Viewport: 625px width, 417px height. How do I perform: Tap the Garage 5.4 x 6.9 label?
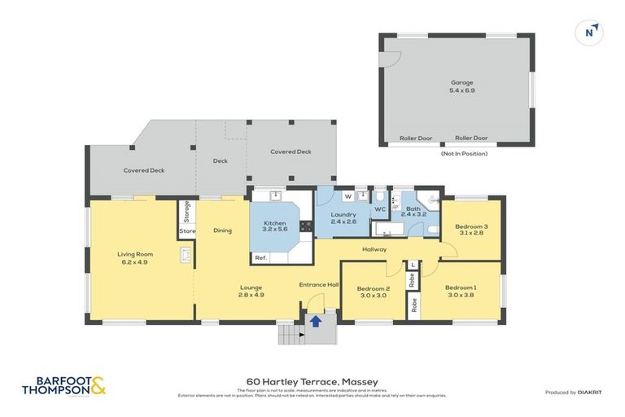point(462,86)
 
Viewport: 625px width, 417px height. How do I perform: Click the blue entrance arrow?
point(316,321)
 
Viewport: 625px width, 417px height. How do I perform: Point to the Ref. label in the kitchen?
point(260,258)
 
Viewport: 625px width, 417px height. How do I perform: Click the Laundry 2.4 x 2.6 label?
point(343,218)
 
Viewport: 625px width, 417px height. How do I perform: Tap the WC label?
point(379,209)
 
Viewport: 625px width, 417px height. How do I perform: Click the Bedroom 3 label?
point(471,230)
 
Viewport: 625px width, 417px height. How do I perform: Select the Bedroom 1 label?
point(461,292)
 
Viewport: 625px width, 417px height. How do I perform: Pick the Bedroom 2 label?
point(374,292)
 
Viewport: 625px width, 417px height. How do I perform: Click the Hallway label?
point(374,249)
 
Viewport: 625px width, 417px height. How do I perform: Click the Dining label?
point(222,230)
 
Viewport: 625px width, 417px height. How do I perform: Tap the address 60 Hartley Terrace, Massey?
point(312,381)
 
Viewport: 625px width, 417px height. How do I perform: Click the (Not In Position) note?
point(464,154)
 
